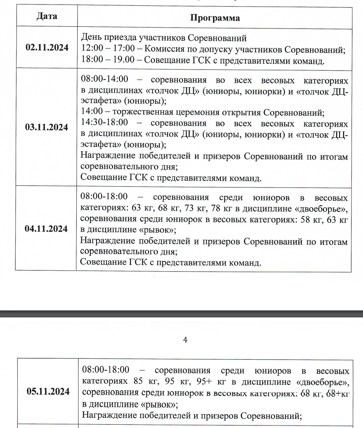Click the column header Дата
pos(46,16)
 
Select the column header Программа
pos(215,18)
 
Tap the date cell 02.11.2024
pos(46,47)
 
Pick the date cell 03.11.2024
pos(46,127)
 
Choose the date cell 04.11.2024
pos(46,229)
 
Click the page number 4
pos(185,340)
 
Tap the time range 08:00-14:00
pos(105,79)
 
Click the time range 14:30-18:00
pos(105,123)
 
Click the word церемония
pos(205,113)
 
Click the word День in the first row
pos(90,39)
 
